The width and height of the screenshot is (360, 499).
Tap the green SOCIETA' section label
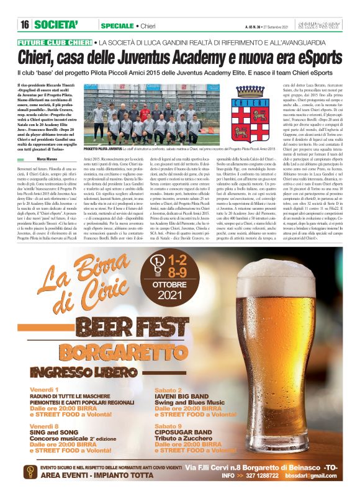(x=56, y=24)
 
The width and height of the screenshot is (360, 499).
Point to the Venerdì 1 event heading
(x=43, y=389)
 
